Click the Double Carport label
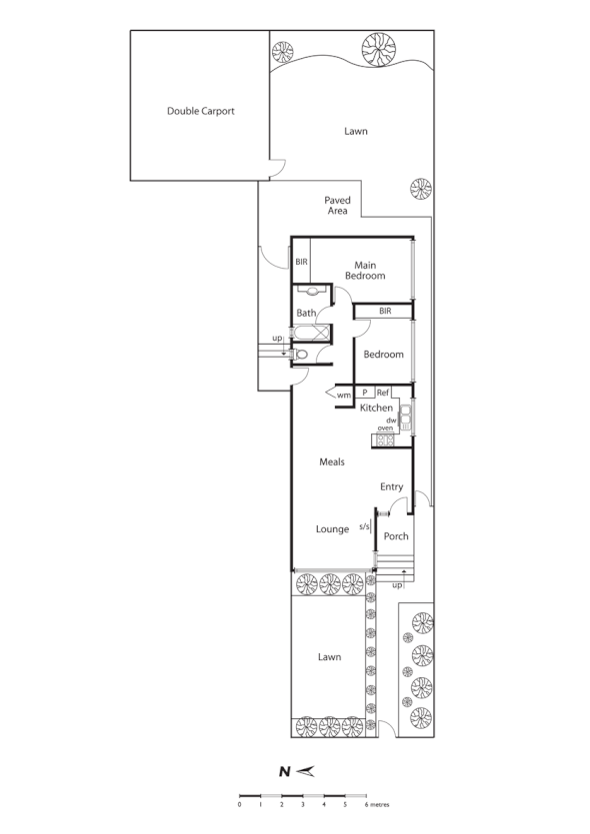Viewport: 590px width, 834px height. click(x=200, y=111)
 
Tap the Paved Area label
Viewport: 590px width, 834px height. click(x=337, y=206)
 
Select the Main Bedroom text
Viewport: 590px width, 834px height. click(x=365, y=270)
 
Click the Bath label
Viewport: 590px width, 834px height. click(x=306, y=313)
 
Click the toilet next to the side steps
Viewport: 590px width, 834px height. click(x=302, y=354)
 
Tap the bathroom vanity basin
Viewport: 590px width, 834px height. click(x=313, y=292)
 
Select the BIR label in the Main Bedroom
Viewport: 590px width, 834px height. click(x=301, y=263)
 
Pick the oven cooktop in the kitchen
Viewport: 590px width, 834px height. click(x=384, y=440)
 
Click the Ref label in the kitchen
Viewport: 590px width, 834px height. click(x=383, y=393)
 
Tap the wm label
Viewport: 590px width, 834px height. click(x=343, y=396)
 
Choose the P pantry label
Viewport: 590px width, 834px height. click(x=365, y=393)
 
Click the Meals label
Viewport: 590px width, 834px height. click(x=332, y=461)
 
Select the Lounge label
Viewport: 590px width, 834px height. click(x=331, y=528)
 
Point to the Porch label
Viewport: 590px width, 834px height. click(x=396, y=536)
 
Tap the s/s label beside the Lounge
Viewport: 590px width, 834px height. click(x=364, y=525)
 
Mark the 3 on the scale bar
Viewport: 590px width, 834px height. click(x=303, y=803)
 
